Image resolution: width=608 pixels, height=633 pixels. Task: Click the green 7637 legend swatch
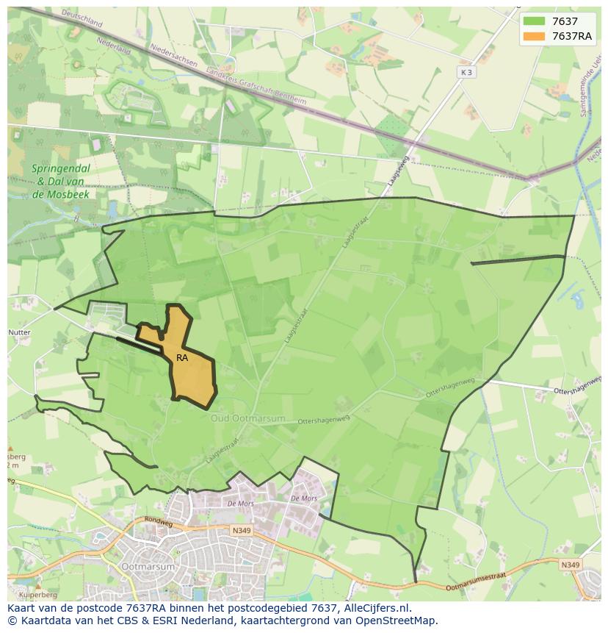pyautogui.click(x=533, y=21)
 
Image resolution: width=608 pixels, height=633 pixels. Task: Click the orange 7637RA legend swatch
pyautogui.click(x=533, y=37)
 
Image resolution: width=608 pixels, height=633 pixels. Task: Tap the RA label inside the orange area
pyautogui.click(x=182, y=358)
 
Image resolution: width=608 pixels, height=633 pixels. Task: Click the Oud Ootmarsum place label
pyautogui.click(x=247, y=418)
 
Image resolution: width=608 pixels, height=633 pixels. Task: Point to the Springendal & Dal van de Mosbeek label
pyautogui.click(x=61, y=181)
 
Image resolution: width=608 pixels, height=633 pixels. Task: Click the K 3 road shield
pyautogui.click(x=466, y=72)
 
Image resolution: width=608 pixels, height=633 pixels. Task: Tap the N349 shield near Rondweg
pyautogui.click(x=241, y=530)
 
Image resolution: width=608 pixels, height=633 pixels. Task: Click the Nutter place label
pyautogui.click(x=19, y=333)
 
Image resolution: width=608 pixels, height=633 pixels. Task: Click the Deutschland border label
pyautogui.click(x=82, y=18)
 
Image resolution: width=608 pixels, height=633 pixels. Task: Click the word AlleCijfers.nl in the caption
pyautogui.click(x=377, y=608)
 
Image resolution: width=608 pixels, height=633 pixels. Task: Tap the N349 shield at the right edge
pyautogui.click(x=568, y=565)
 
